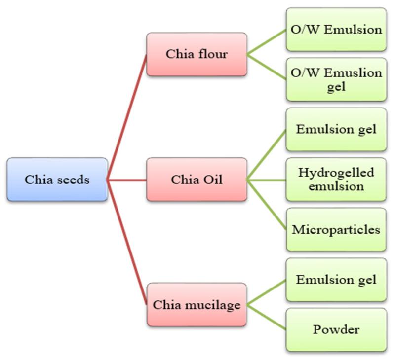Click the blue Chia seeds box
click(x=57, y=179)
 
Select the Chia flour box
click(x=197, y=54)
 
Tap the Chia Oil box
click(x=197, y=179)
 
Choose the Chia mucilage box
click(x=197, y=304)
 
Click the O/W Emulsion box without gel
click(x=336, y=30)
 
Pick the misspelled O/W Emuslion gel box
click(x=336, y=79)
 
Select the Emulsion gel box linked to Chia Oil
click(x=336, y=129)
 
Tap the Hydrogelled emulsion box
click(x=336, y=179)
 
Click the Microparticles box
click(x=336, y=229)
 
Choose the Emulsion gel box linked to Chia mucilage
click(x=336, y=280)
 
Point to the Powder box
click(x=336, y=329)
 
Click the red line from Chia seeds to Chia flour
click(x=127, y=117)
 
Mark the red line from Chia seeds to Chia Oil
click(x=127, y=180)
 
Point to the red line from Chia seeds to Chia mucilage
click(x=127, y=242)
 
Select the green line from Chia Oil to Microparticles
click(x=267, y=205)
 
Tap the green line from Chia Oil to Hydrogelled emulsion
click(x=267, y=180)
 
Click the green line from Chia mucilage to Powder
click(x=267, y=317)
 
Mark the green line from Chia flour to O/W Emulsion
click(x=267, y=42)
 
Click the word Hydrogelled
click(x=336, y=173)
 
